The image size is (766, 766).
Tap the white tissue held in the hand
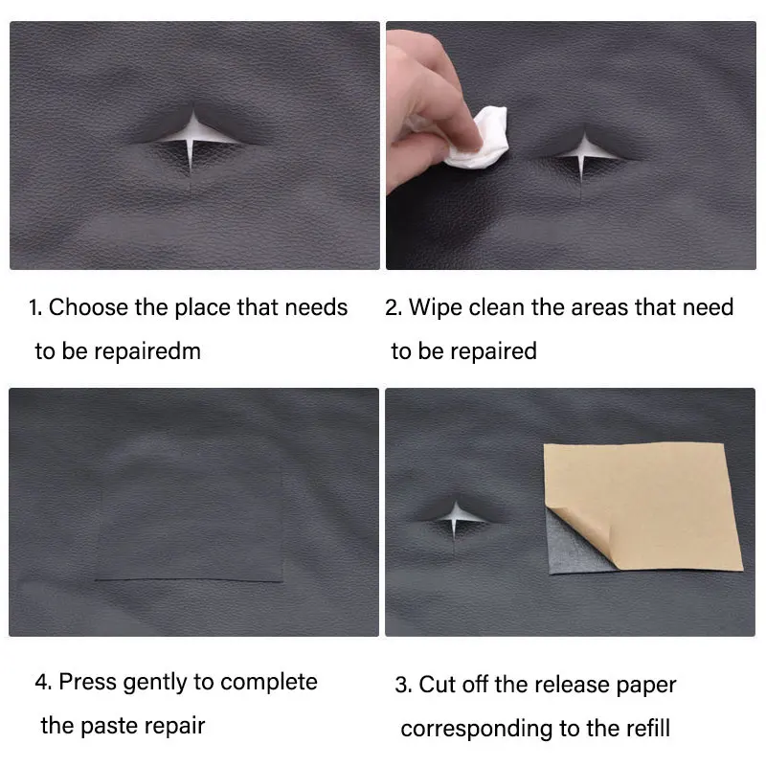click(x=480, y=139)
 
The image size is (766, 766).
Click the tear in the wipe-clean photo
click(x=583, y=150)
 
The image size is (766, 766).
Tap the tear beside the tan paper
click(x=457, y=517)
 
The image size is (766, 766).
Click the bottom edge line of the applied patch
click(x=189, y=580)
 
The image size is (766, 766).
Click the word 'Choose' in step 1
click(x=88, y=307)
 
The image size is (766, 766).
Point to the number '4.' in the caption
click(x=43, y=682)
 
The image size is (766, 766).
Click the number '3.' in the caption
click(x=403, y=685)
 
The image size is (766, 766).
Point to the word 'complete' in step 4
click(x=269, y=683)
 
